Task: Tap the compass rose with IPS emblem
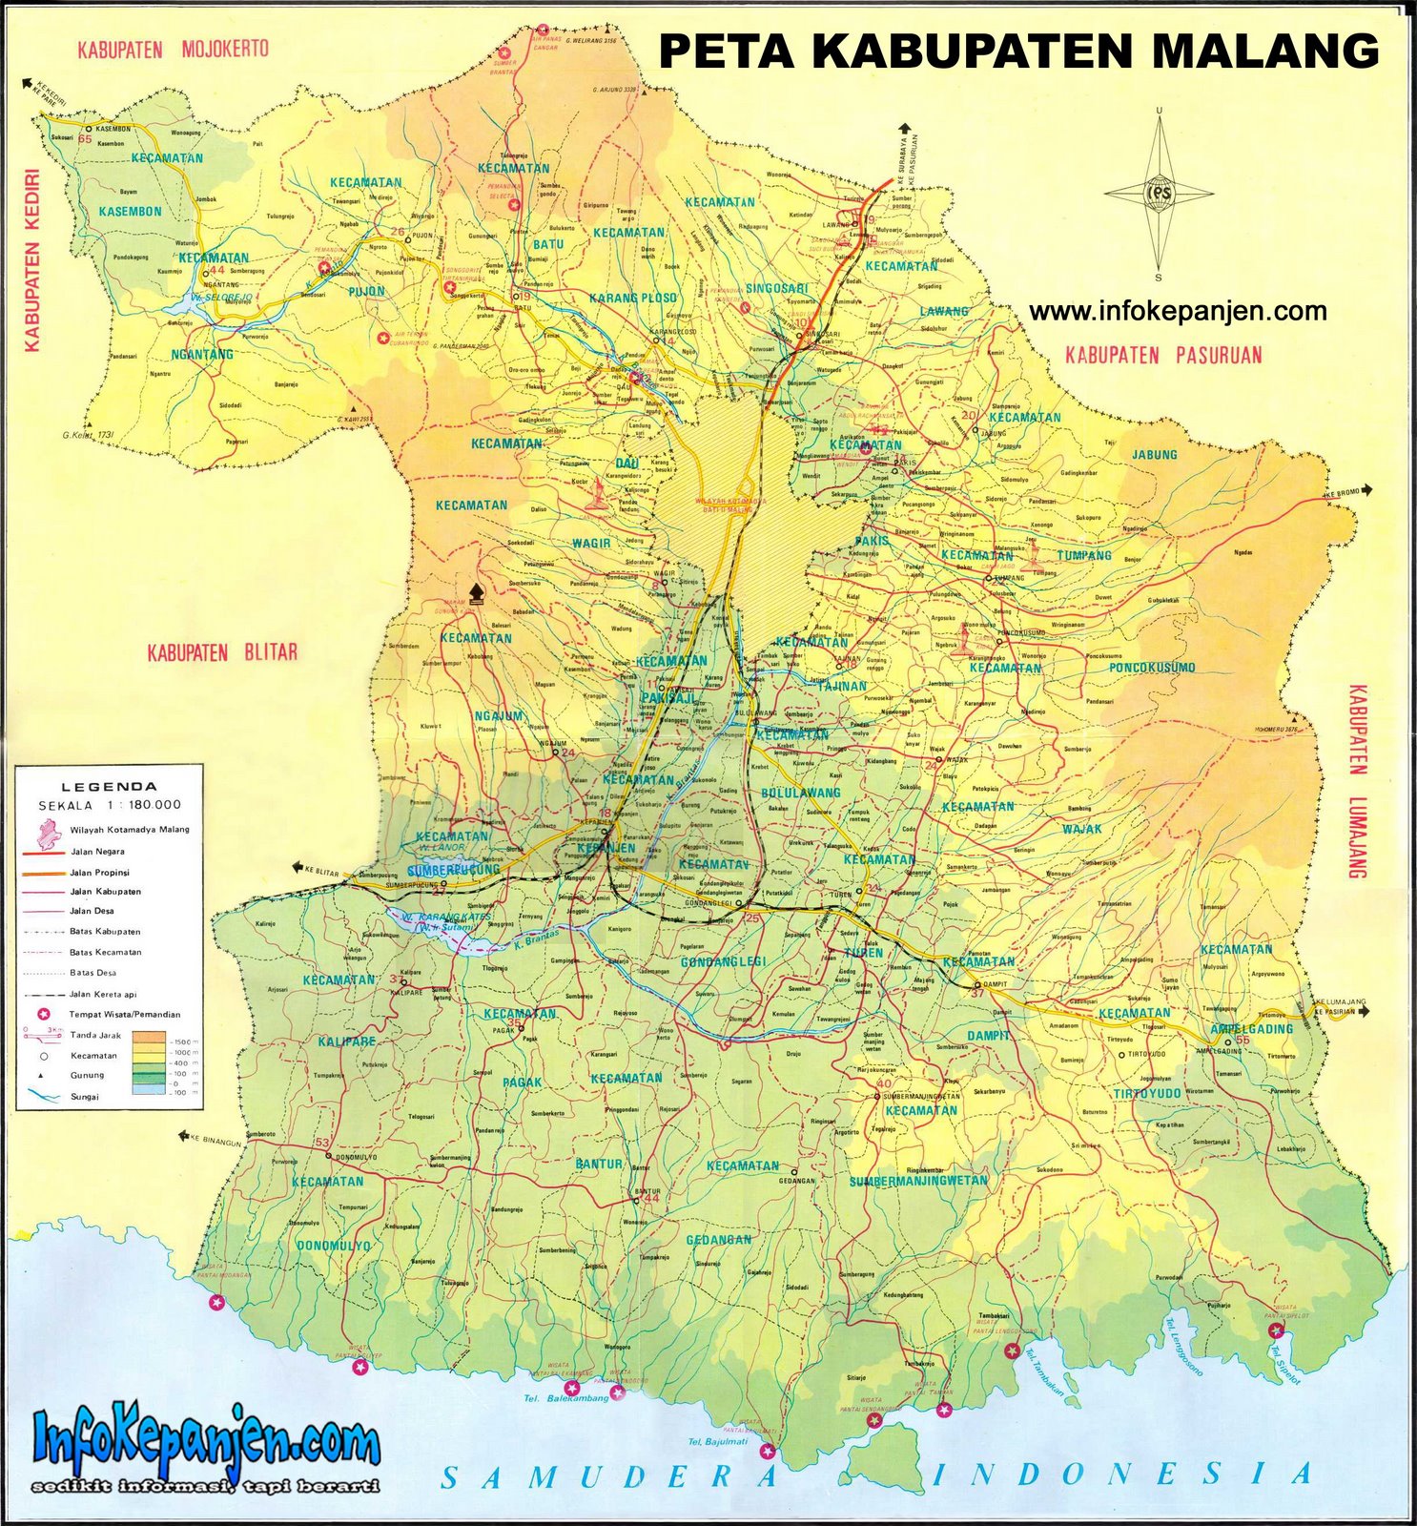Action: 1159,195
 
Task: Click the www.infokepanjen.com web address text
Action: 1178,311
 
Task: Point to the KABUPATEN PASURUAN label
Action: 1163,356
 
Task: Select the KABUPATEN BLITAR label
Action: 222,653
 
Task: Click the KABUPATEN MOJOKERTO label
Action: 174,49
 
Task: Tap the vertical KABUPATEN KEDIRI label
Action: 31,261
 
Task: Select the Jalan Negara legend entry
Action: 96,851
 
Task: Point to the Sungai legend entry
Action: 84,1097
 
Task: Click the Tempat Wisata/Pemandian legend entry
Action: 124,1014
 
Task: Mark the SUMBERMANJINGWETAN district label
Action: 917,1181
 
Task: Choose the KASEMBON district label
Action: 131,211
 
